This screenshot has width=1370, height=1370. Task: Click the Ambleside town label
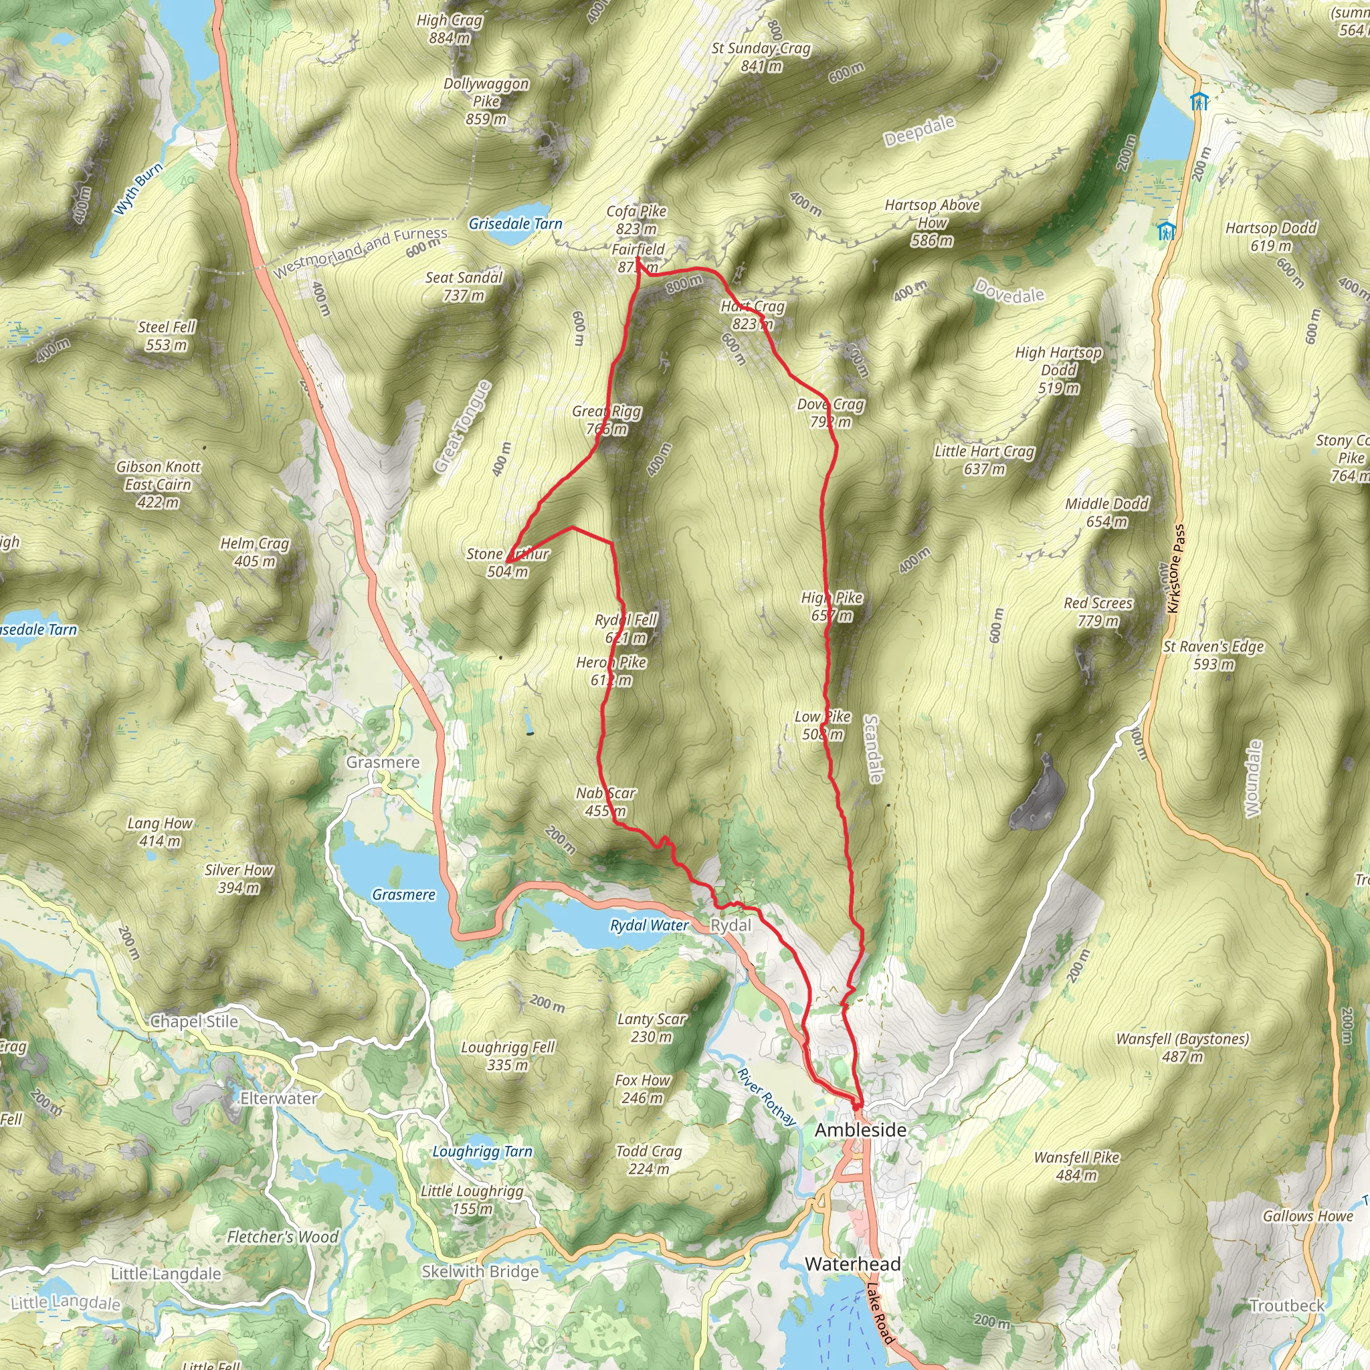tap(860, 1131)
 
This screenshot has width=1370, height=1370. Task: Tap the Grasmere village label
tap(383, 763)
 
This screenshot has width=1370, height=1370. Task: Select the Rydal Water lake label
tap(649, 925)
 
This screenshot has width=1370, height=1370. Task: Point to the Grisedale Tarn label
tap(516, 224)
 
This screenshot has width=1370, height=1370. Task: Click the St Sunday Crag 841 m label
tap(761, 57)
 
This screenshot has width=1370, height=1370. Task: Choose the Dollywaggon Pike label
tap(486, 101)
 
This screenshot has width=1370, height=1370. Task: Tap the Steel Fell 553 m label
tap(166, 335)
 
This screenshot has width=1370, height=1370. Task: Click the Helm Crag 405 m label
tap(255, 552)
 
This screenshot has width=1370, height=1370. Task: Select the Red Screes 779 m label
tap(1098, 612)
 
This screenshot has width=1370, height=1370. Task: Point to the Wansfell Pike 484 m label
tap(1076, 1167)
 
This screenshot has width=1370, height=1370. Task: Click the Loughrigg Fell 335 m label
tap(508, 1056)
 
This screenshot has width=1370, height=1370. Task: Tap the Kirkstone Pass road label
tap(1176, 569)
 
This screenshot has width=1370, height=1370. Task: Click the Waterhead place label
tap(852, 1264)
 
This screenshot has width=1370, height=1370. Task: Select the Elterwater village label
tap(278, 1098)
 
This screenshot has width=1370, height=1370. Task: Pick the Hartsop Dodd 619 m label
tap(1271, 237)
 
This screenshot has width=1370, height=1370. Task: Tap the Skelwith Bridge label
tap(480, 1272)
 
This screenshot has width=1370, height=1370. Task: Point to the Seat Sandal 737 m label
tap(464, 286)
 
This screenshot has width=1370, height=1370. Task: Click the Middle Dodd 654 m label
tap(1107, 512)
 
